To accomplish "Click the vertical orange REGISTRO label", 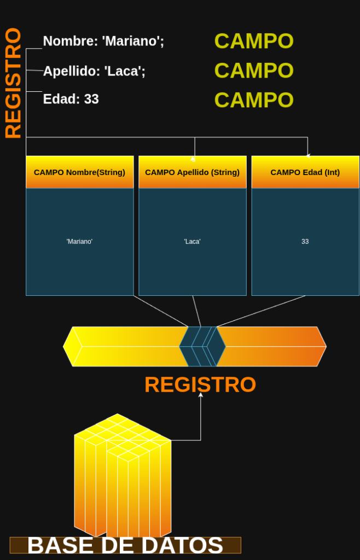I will tap(13, 83).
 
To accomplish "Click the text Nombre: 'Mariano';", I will tap(103, 41).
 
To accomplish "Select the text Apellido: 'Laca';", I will tap(94, 71).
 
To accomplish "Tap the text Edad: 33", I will tap(71, 100).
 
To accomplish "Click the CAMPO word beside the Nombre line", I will tap(254, 41).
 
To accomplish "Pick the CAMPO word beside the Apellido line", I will tap(254, 71).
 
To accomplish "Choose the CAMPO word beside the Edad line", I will tap(254, 100).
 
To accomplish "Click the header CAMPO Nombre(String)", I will tap(79, 172).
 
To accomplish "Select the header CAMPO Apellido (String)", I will tap(192, 172).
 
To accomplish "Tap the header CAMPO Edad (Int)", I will tap(305, 172).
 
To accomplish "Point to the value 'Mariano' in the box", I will tap(79, 242).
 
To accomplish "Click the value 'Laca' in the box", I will tap(192, 242).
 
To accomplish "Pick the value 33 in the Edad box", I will tap(305, 242).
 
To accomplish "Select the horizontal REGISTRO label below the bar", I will tap(200, 384).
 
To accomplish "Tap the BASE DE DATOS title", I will tap(125, 546).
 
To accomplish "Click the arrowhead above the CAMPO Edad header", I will tap(308, 156).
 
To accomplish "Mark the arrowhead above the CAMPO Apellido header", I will tap(193, 159).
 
